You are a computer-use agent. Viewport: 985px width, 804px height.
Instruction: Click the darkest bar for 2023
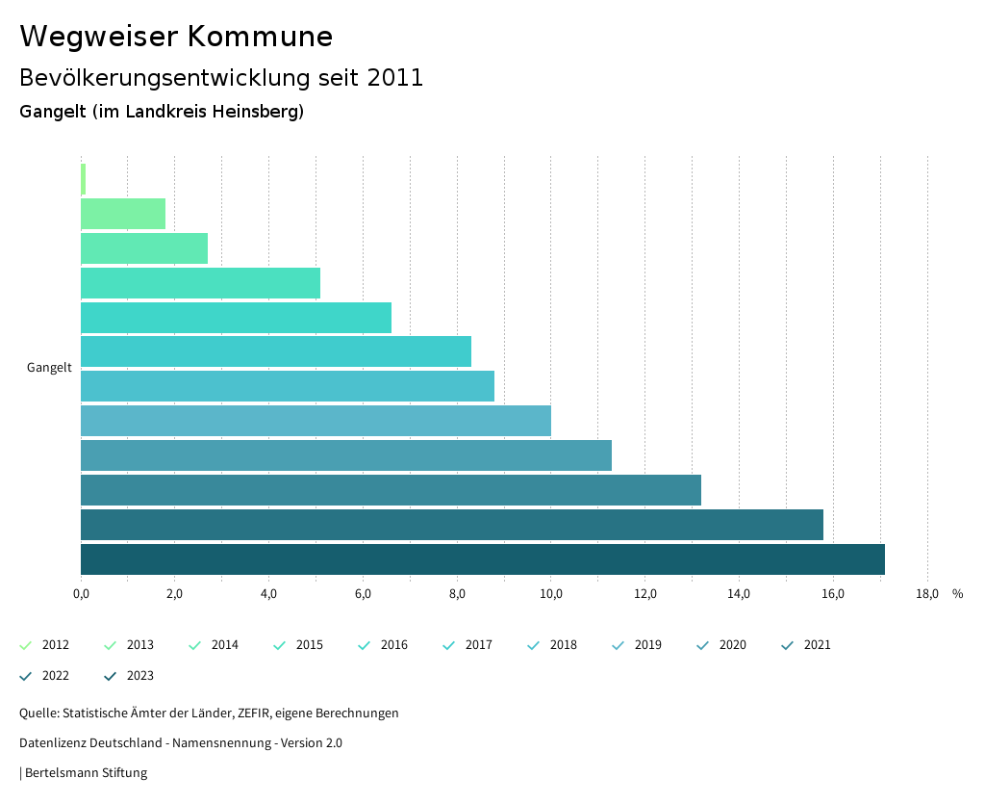[482, 559]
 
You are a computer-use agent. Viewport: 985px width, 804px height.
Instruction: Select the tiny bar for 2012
[84, 179]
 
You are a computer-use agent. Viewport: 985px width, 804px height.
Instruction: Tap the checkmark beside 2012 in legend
[26, 645]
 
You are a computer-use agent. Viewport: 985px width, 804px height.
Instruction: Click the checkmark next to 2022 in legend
[26, 676]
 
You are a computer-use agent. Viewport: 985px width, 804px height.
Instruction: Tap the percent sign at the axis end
[957, 594]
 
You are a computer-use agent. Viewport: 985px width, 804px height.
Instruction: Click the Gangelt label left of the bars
[49, 368]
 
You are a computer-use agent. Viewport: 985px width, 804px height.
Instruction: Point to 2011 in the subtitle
[395, 78]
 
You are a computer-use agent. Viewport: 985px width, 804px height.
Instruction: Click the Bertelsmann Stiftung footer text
[86, 772]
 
